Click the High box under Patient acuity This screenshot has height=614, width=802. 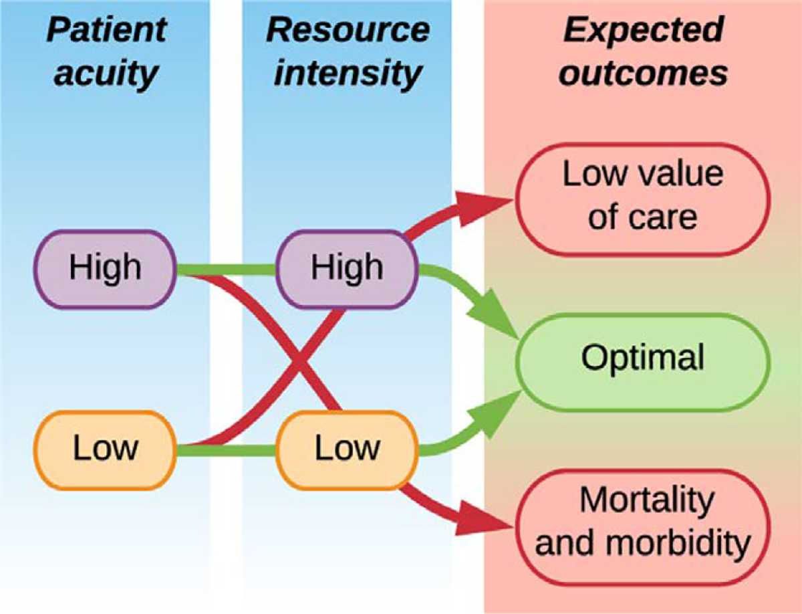point(105,269)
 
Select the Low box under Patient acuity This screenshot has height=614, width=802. point(105,448)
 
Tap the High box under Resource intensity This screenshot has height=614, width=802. point(347,269)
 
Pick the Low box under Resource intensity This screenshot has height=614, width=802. point(347,448)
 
